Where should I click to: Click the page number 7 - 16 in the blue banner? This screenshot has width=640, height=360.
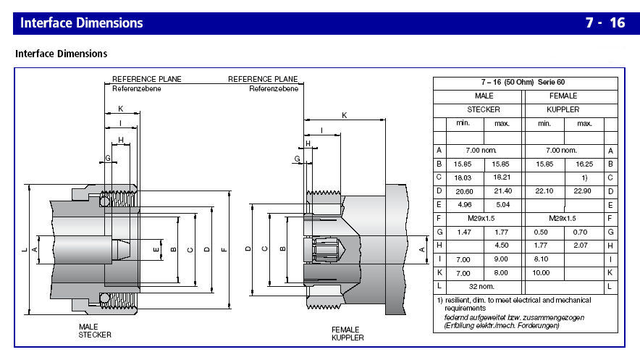pyautogui.click(x=605, y=23)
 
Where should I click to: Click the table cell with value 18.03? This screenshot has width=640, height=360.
pyautogui.click(x=463, y=178)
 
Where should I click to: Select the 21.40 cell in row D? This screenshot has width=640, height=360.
pyautogui.click(x=502, y=191)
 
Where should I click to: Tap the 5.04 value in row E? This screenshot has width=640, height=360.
pyautogui.click(x=502, y=205)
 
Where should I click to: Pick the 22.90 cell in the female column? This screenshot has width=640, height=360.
pyautogui.click(x=582, y=191)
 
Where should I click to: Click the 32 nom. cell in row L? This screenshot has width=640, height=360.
pyautogui.click(x=481, y=287)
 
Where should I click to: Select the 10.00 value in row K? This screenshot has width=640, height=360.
pyautogui.click(x=541, y=272)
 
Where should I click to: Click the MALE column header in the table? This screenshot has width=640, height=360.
pyautogui.click(x=484, y=96)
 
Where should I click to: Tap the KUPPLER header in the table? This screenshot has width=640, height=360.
pyautogui.click(x=563, y=110)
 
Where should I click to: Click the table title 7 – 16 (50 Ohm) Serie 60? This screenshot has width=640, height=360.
pyautogui.click(x=523, y=82)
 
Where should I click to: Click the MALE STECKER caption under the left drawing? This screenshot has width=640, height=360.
pyautogui.click(x=95, y=331)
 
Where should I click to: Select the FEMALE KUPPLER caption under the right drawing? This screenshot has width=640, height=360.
pyautogui.click(x=348, y=334)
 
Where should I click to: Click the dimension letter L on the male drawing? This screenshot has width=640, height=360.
pyautogui.click(x=25, y=250)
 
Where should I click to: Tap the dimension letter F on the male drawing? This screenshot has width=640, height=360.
pyautogui.click(x=224, y=250)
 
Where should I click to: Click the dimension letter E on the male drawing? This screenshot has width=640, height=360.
pyautogui.click(x=156, y=250)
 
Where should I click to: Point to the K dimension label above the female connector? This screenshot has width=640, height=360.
pyautogui.click(x=345, y=115)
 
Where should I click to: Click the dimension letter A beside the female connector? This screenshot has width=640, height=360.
pyautogui.click(x=422, y=250)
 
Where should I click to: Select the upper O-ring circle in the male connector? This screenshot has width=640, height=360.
pyautogui.click(x=105, y=201)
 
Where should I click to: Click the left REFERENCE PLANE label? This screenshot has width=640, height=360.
pyautogui.click(x=146, y=79)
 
